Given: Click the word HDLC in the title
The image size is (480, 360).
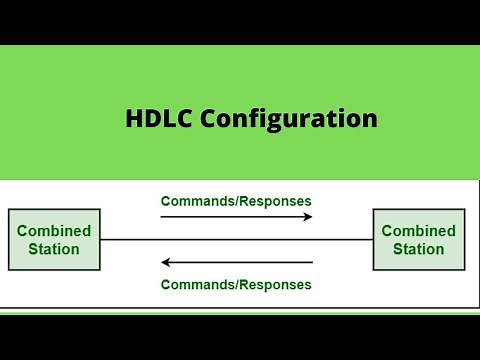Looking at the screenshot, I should click(x=160, y=119).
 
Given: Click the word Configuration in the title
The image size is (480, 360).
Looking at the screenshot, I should click(x=289, y=120).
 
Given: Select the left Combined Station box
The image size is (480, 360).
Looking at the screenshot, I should click(x=54, y=239).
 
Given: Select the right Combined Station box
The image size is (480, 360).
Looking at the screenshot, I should click(x=419, y=239).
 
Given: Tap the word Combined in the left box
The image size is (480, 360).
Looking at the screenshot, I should click(x=54, y=231).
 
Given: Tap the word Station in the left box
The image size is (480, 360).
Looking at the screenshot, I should click(x=54, y=249).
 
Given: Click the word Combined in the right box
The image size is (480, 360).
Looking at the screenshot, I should click(x=419, y=231).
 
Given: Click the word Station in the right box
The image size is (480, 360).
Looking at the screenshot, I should click(x=419, y=249).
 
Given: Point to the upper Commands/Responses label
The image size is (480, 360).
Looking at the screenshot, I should click(x=236, y=201).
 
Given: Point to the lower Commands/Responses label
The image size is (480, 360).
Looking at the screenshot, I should click(x=236, y=284).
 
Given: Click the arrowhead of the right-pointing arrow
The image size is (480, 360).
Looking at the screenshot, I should click(x=307, y=217).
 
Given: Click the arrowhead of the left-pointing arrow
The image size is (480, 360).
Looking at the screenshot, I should click(x=167, y=263).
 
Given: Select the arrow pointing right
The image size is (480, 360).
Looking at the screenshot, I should click(x=236, y=217).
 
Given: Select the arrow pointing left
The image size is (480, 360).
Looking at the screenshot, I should click(x=236, y=263).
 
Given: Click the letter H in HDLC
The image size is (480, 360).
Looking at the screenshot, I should click(x=135, y=119).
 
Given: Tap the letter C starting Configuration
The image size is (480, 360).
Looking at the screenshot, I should click(x=208, y=119).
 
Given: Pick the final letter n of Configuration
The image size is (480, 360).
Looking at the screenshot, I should click(x=369, y=121).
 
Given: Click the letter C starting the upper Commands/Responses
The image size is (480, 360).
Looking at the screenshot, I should click(x=165, y=201).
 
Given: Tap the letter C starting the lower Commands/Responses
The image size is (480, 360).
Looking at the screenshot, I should click(x=165, y=284).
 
